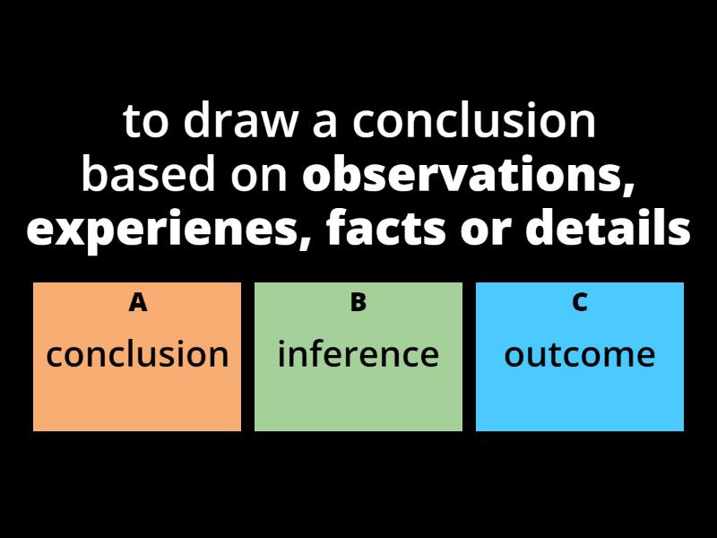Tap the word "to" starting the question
pos(145,122)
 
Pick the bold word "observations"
pos(462,176)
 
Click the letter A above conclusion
pos(137,303)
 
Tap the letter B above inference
pos(358,303)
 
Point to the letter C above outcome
pos(580,303)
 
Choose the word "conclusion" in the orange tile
pos(137,355)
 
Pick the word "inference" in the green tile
pos(358,355)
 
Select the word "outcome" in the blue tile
pos(580,355)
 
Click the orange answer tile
pos(137,399)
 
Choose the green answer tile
pos(358,399)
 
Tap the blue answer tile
pos(580,399)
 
